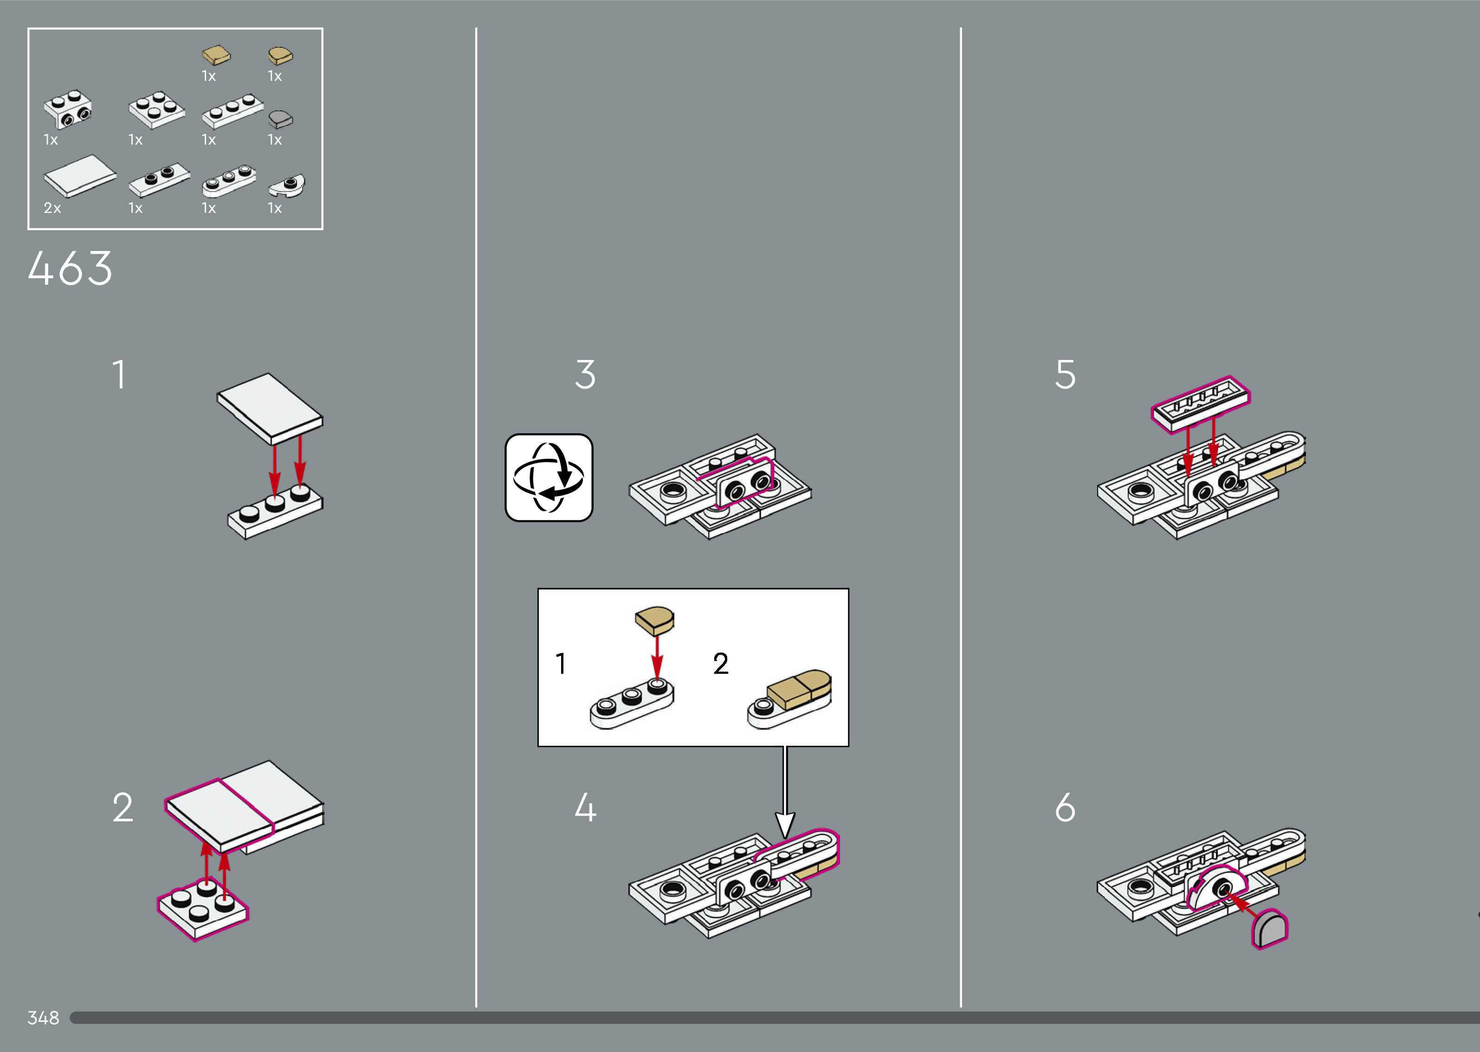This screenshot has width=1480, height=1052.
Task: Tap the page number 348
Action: [43, 1018]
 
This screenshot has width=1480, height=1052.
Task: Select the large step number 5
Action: [1065, 374]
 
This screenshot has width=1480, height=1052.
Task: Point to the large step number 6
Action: [1065, 808]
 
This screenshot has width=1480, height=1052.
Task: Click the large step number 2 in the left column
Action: [123, 808]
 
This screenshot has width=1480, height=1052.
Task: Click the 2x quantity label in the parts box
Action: [52, 208]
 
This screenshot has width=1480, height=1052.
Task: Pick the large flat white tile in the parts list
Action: [79, 175]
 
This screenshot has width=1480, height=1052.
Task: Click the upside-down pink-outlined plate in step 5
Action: [1200, 404]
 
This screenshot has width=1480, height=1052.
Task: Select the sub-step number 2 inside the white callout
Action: [721, 664]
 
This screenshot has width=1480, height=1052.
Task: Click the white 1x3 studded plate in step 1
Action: [275, 513]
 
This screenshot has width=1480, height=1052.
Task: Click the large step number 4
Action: [585, 808]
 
